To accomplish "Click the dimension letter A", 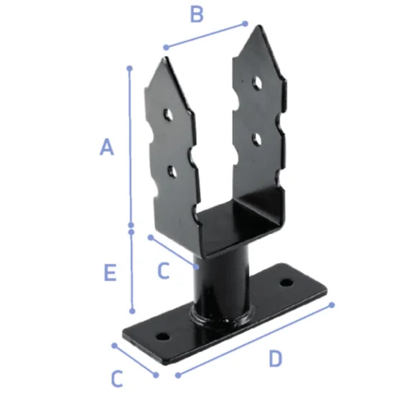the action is (x=107, y=147).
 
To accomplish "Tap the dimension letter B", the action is (x=197, y=14).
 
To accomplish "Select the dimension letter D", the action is (x=275, y=358).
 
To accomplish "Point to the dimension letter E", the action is (x=110, y=272).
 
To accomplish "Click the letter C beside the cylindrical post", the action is (x=164, y=270).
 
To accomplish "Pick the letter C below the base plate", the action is (x=117, y=378).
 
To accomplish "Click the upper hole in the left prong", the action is (x=168, y=115).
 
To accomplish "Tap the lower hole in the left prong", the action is (x=172, y=172).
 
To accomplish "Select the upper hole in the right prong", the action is (x=257, y=83).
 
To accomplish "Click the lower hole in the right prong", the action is (x=256, y=139).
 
